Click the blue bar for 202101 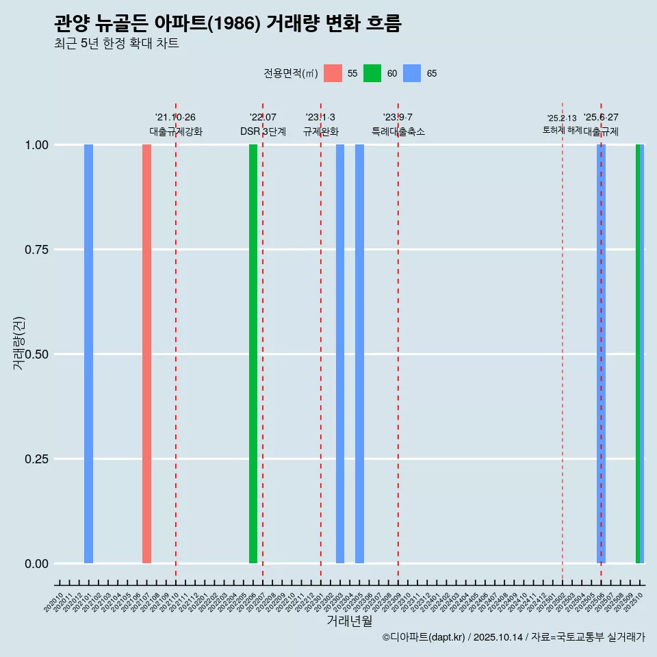(x=88, y=354)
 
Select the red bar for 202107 (x=146, y=354)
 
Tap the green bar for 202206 (x=253, y=354)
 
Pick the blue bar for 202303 (x=340, y=354)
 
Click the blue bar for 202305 (x=359, y=354)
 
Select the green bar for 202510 (x=638, y=354)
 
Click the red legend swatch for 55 (x=333, y=73)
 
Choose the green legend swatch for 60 (x=372, y=73)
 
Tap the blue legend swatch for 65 (x=412, y=73)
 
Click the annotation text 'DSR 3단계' (x=263, y=131)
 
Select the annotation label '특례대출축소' (x=398, y=131)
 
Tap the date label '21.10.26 (x=175, y=118)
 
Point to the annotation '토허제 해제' (x=562, y=130)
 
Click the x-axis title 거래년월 (x=349, y=621)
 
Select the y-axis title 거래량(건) (x=19, y=344)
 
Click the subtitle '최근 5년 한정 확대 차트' (x=116, y=44)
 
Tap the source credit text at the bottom (x=513, y=638)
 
